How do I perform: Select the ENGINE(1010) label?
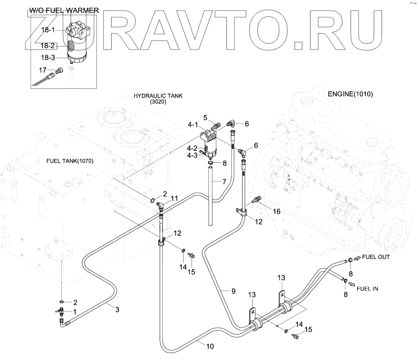350,94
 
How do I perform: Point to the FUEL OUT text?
376,257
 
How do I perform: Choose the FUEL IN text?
367,288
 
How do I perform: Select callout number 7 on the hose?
224,182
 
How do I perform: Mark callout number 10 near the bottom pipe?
210,346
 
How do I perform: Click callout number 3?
117,310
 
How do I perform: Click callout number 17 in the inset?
43,70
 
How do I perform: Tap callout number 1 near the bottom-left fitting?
74,312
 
